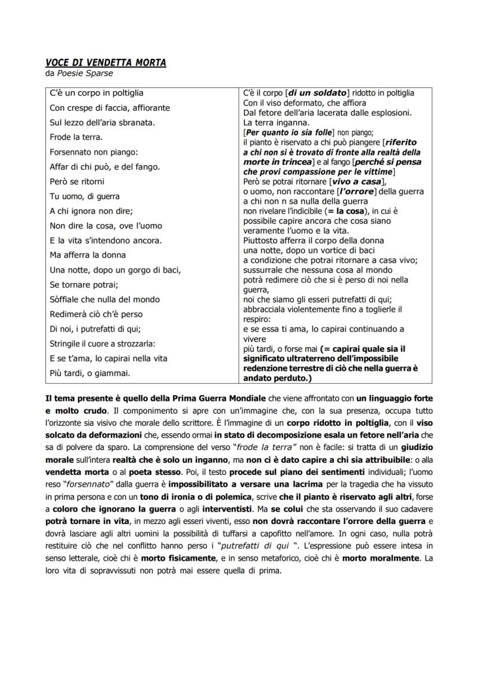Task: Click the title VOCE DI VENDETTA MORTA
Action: (106, 62)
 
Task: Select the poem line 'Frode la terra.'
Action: (76, 137)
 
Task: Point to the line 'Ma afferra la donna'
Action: (88, 255)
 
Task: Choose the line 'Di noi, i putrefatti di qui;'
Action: (95, 329)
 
